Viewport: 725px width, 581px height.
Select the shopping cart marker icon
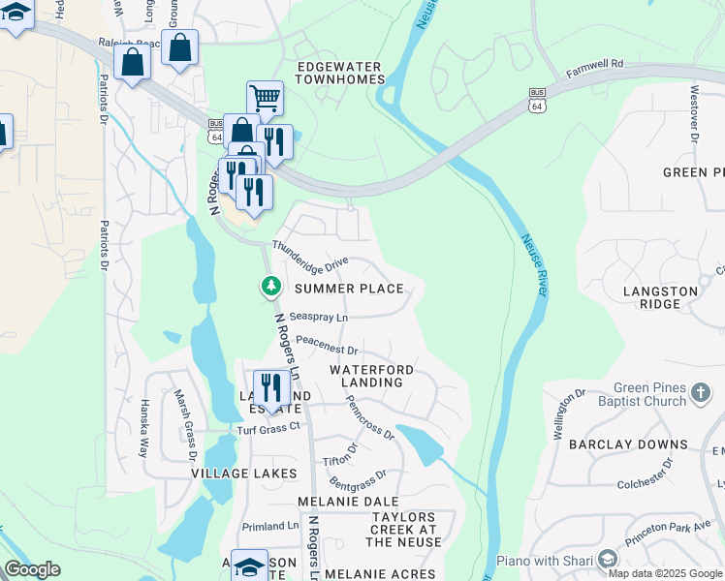(265, 98)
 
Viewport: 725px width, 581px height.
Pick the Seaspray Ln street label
(318, 317)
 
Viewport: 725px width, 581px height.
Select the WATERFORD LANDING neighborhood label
(372, 376)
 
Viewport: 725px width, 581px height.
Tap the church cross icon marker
(702, 395)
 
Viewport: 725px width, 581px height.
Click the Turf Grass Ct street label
(269, 428)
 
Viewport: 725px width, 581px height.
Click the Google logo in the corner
(32, 569)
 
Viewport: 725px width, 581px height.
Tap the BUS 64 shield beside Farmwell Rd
(537, 98)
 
